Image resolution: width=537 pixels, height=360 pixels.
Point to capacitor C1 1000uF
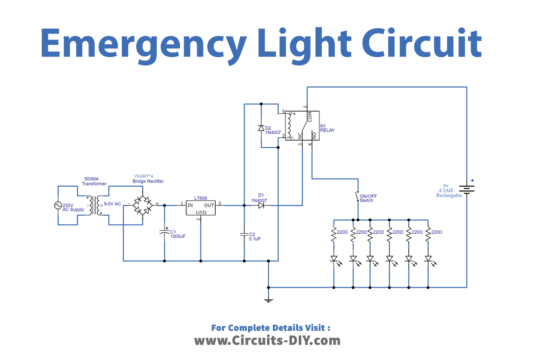(166, 233)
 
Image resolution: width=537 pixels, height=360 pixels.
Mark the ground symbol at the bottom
(267, 299)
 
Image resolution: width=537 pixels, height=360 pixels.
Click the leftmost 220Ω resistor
(333, 235)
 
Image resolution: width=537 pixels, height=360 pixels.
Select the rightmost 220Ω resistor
(427, 235)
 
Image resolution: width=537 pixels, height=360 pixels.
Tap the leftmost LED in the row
(333, 260)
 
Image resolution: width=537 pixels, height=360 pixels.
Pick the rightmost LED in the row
(427, 260)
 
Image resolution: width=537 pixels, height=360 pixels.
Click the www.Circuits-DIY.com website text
(267, 340)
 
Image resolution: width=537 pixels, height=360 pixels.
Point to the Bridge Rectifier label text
(147, 181)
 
